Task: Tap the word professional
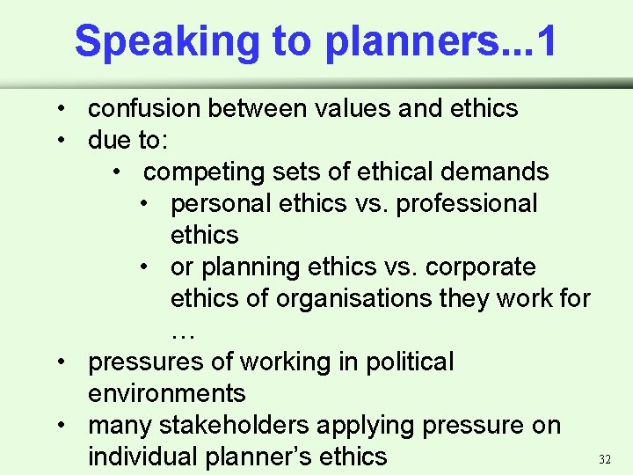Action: tap(467, 203)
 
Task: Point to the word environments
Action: tap(166, 393)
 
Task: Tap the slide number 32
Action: tap(604, 459)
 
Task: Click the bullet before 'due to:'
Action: tap(65, 141)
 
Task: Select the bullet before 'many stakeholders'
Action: tap(65, 426)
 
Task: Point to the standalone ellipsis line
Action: tap(182, 332)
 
